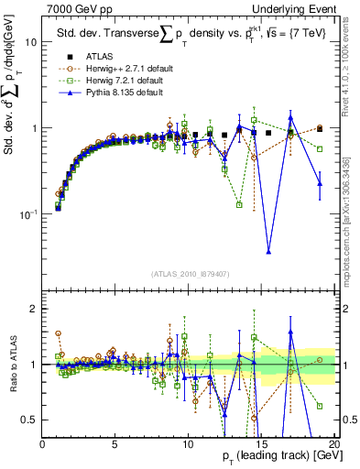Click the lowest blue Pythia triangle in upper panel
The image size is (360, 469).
click(x=268, y=251)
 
